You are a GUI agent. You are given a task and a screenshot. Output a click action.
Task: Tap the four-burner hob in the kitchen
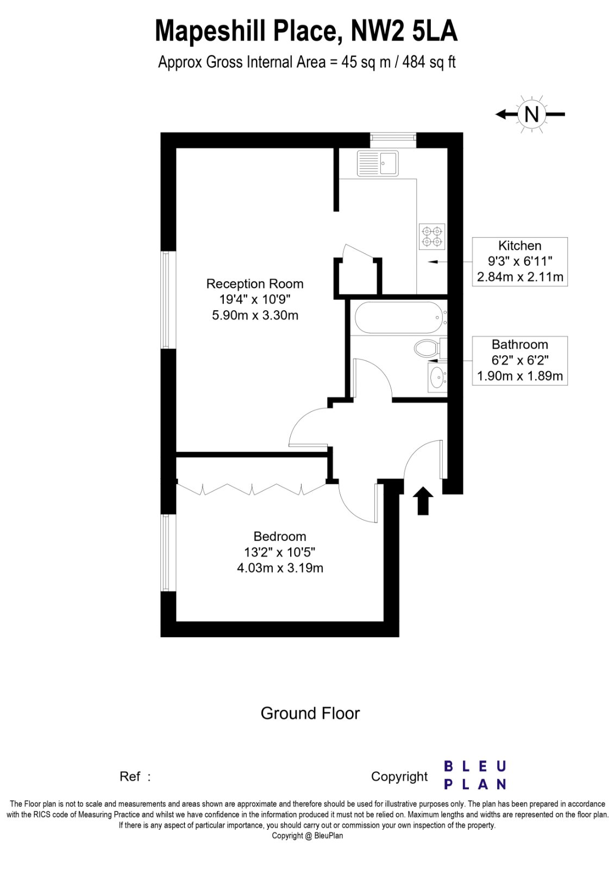432,236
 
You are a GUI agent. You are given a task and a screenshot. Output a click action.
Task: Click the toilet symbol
428,348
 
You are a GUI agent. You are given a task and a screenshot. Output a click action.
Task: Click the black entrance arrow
423,500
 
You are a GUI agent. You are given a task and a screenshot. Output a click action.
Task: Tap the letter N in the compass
531,114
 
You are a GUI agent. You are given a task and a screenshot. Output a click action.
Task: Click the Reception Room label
255,284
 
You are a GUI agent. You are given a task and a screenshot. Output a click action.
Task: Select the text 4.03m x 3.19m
280,568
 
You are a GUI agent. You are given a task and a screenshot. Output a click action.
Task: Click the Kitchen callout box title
519,245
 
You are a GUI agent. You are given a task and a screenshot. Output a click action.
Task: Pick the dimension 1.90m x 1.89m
519,376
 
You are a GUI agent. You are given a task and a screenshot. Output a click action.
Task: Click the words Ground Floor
310,713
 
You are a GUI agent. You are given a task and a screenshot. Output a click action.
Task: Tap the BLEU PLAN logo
475,775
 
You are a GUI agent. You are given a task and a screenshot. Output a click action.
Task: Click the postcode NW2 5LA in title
404,31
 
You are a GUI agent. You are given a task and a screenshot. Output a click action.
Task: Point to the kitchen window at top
393,140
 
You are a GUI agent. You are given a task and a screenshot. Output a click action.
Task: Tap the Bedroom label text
280,537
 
